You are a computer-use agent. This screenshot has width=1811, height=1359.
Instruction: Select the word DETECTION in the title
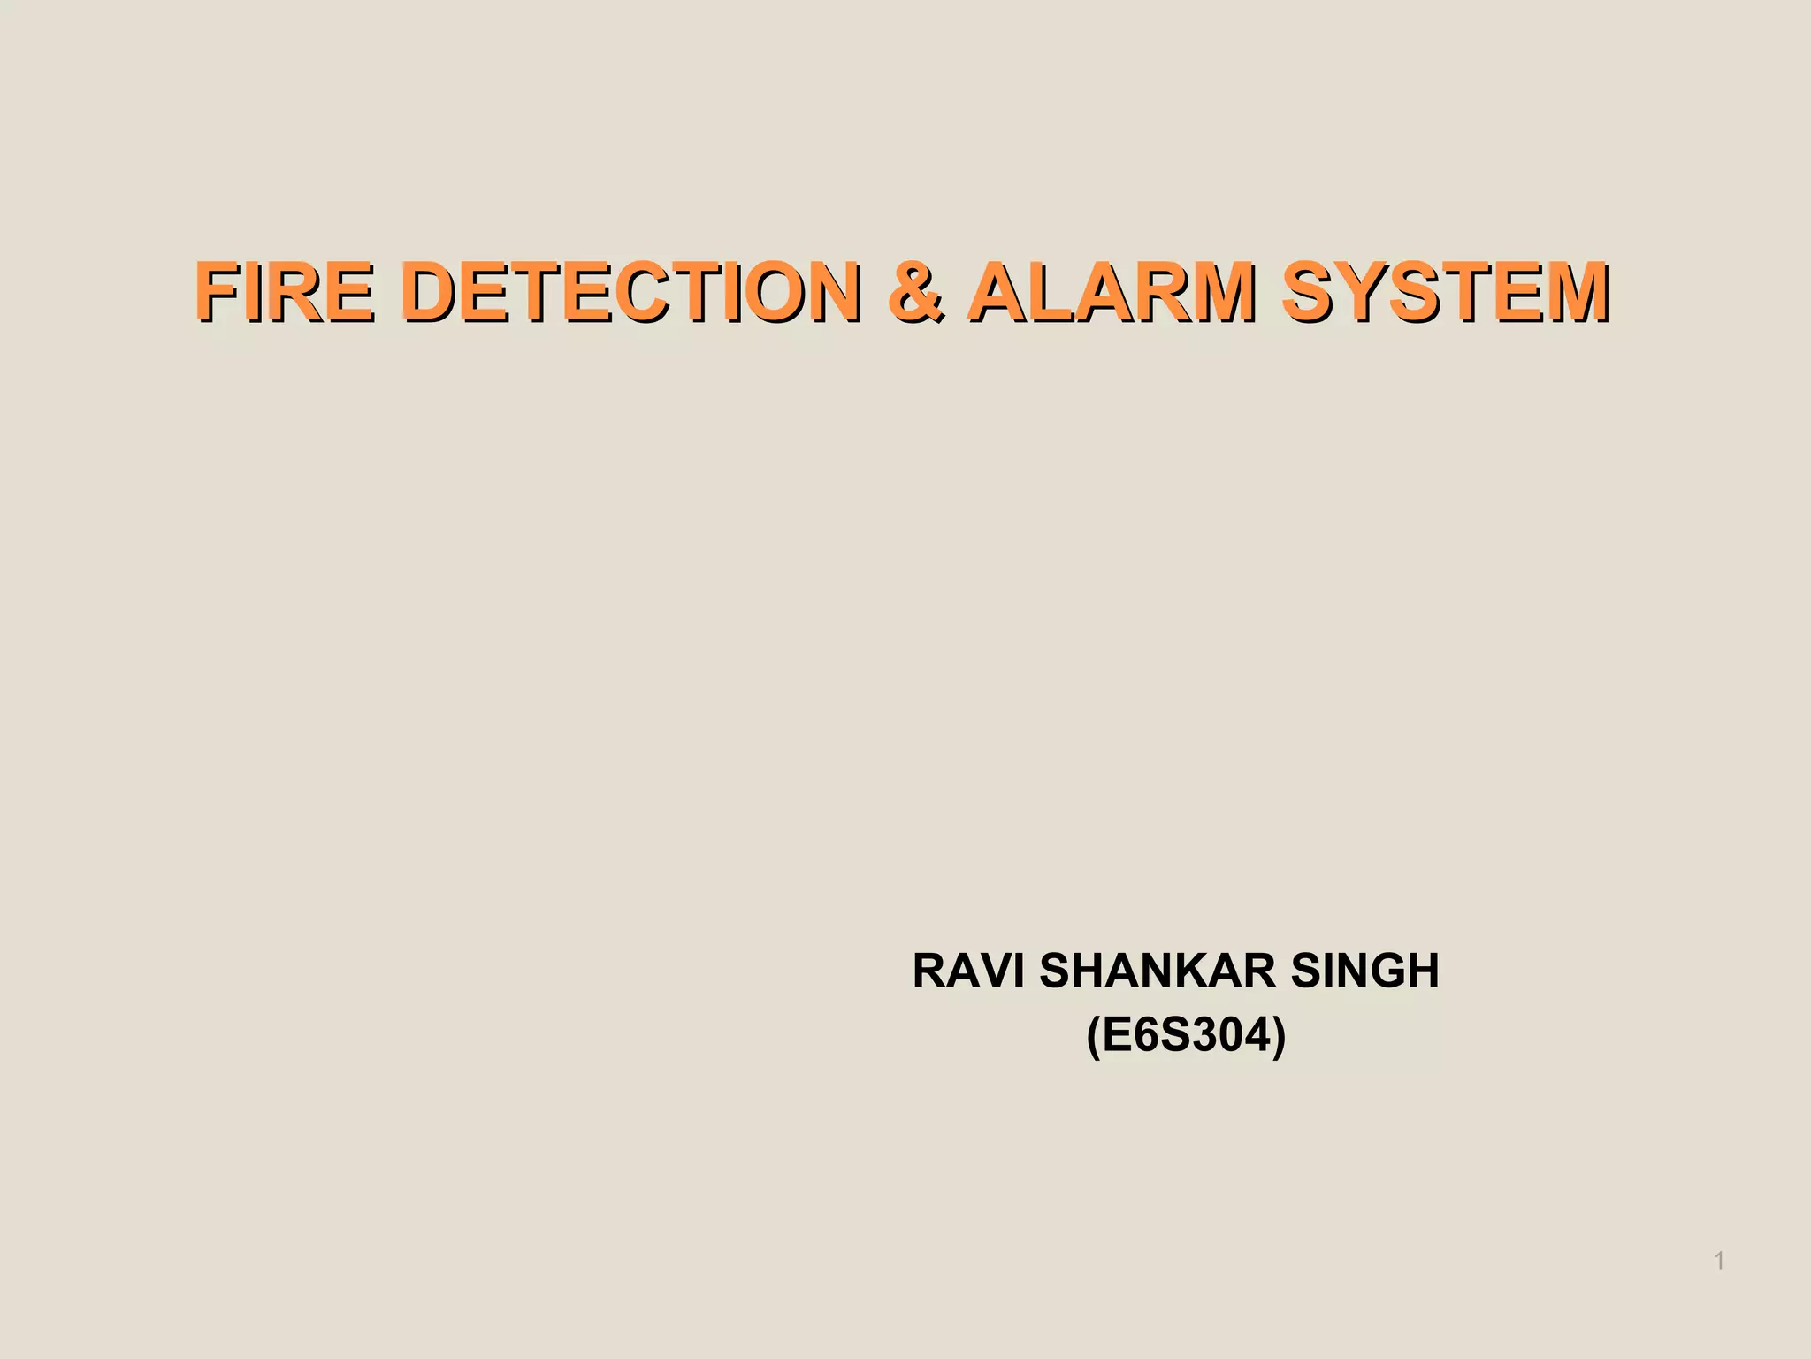(630, 291)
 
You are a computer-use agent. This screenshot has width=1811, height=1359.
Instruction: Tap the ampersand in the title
(915, 291)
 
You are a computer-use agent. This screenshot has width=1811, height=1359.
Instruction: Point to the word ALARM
(1111, 291)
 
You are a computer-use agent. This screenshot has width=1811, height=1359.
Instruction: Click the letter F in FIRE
(217, 291)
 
